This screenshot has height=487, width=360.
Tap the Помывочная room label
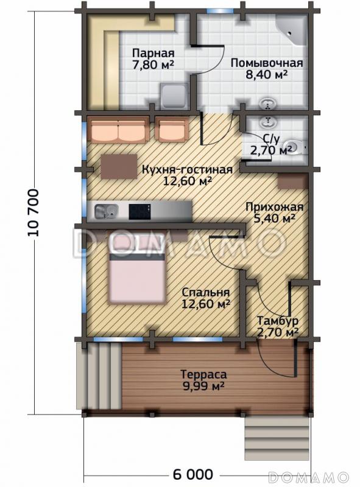[267, 63]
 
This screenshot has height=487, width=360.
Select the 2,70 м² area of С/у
[272, 150]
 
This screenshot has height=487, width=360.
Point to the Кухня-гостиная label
[187, 170]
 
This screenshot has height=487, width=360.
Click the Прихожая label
[274, 207]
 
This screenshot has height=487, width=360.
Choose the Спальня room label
[205, 292]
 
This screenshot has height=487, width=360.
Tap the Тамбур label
[278, 321]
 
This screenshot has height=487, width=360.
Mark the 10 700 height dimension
[34, 212]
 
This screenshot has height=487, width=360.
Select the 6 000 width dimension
[192, 474]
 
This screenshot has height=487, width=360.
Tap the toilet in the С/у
[296, 148]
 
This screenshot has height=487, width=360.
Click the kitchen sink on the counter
[106, 211]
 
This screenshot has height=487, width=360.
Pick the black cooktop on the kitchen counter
[140, 211]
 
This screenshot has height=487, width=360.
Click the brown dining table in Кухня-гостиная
[119, 166]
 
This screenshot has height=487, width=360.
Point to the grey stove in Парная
[174, 96]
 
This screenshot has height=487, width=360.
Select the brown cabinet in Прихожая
[292, 181]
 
